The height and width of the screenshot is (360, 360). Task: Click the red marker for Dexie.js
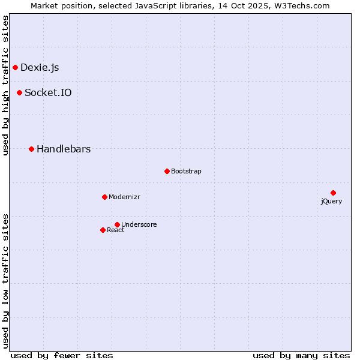[x=15, y=67]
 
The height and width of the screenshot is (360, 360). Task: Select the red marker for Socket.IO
[x=19, y=92]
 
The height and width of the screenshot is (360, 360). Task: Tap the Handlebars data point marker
[x=31, y=149]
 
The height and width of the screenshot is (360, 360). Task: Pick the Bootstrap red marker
[x=167, y=171]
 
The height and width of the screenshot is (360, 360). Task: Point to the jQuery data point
[x=333, y=193]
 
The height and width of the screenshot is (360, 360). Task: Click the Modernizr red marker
[x=104, y=197]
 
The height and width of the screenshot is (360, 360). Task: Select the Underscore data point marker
[x=117, y=224]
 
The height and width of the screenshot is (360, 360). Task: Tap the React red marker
[x=103, y=230]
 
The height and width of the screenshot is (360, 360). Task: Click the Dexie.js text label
[x=40, y=67]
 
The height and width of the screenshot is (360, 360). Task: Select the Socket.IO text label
[x=48, y=92]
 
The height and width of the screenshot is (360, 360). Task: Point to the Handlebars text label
[x=64, y=149]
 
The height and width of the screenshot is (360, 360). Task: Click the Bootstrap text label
[x=186, y=171]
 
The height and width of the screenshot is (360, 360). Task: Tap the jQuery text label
[x=331, y=201]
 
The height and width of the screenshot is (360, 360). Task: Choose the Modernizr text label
[x=124, y=197]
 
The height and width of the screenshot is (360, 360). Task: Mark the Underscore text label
[x=139, y=224]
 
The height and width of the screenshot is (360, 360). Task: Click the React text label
[x=116, y=230]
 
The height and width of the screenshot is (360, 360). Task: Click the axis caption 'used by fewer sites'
[x=62, y=355]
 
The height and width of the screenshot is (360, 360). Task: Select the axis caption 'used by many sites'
[x=301, y=355]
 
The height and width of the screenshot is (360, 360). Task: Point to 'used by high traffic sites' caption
[x=5, y=85]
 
